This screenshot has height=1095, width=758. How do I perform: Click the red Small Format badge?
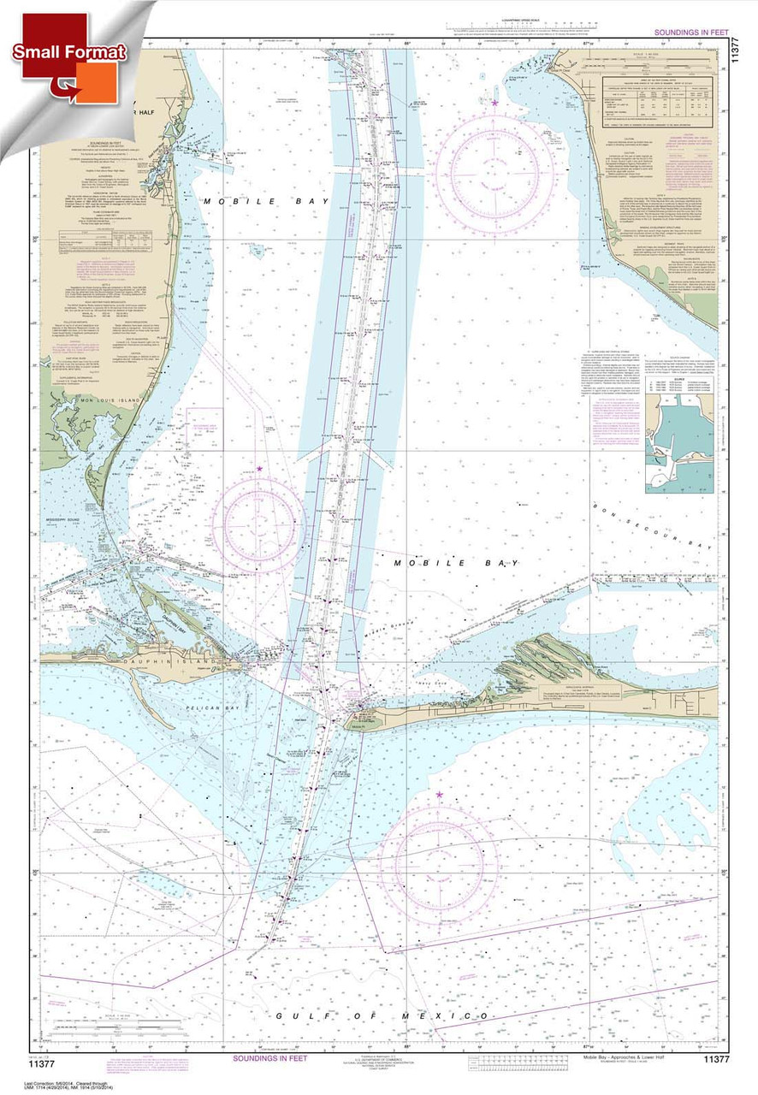pos(68,52)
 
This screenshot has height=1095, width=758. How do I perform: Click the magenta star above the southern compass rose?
pos(440,795)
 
